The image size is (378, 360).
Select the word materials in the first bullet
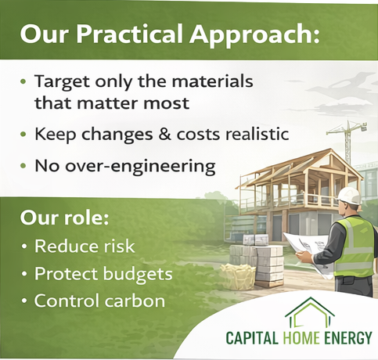tap(212, 81)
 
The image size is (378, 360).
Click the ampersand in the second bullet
tap(164, 134)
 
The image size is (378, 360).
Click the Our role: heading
tap(64, 218)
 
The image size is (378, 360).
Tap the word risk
tap(119, 246)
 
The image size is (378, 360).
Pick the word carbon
tap(135, 301)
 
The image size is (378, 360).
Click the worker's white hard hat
tap(348, 196)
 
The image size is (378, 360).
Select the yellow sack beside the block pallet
tap(238, 276)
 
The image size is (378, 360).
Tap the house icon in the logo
tap(310, 311)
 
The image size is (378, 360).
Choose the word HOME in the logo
tap(301, 337)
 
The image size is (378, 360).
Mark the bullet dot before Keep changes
tap(23, 135)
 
